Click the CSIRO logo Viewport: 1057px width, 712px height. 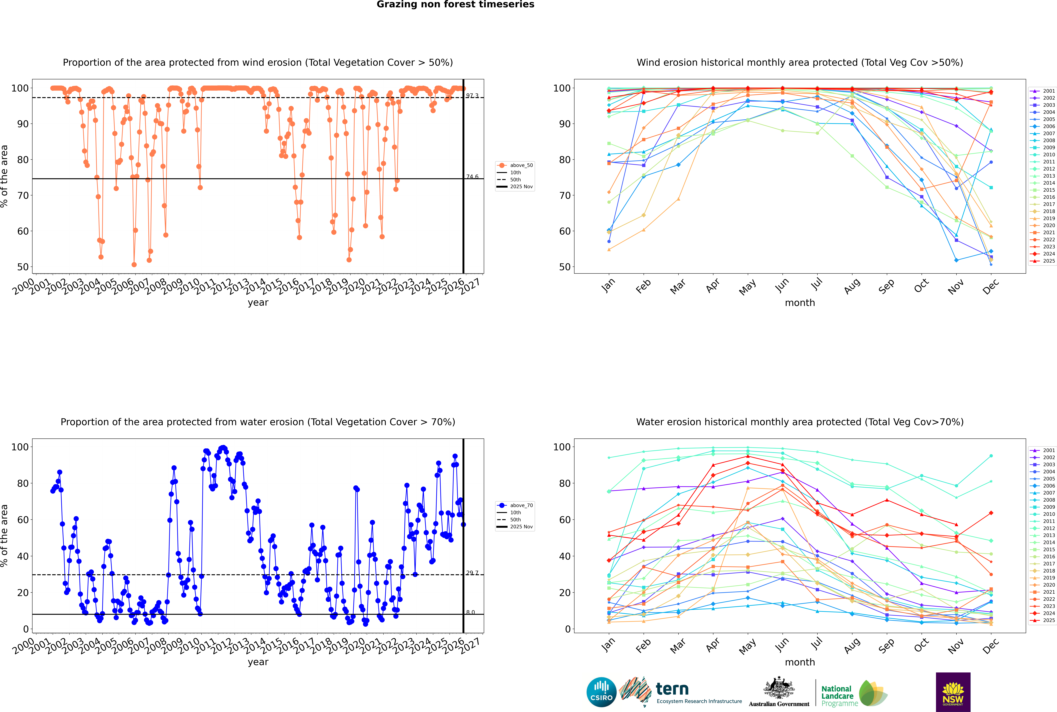pos(601,692)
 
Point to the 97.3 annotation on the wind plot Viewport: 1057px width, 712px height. pos(472,96)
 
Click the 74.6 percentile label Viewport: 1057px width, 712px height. pos(472,177)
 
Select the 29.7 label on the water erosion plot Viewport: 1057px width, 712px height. pos(472,573)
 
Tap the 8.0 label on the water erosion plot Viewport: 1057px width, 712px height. pos(470,613)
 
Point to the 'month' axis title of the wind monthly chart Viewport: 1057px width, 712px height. pos(800,303)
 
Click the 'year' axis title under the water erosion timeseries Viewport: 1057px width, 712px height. pos(258,662)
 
